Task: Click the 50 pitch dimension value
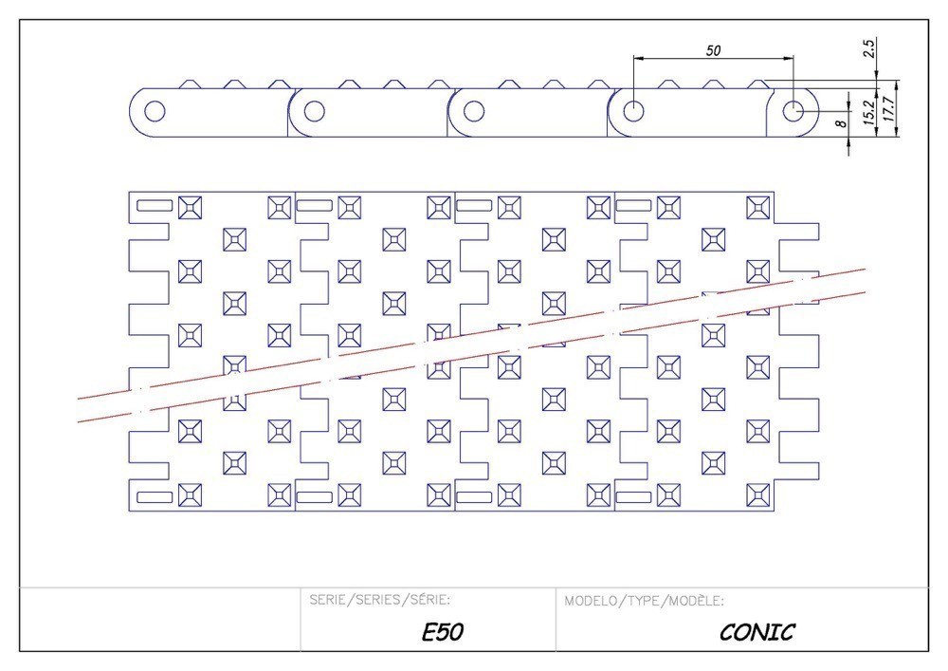(712, 50)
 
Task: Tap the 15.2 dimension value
(868, 110)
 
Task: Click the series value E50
(443, 631)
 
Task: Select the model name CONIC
(757, 631)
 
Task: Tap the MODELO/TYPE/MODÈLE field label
(645, 601)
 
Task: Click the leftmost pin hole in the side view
(154, 111)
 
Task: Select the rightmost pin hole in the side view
(793, 111)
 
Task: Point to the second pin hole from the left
(314, 111)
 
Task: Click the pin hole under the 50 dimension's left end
(633, 111)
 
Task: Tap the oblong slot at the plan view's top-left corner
(155, 205)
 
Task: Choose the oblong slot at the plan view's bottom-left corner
(155, 496)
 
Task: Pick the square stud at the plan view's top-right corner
(757, 207)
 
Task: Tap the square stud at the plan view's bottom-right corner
(757, 494)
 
